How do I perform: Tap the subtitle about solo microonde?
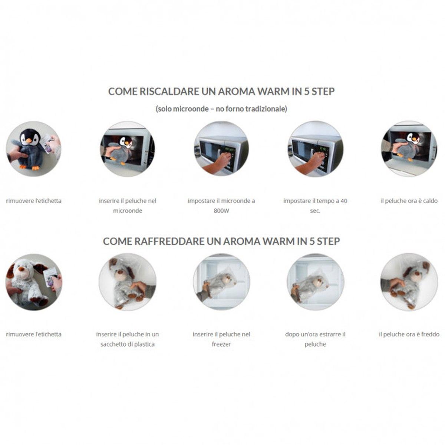click(x=221, y=109)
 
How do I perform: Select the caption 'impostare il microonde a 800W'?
click(x=221, y=205)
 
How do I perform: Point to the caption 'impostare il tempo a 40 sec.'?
click(x=315, y=205)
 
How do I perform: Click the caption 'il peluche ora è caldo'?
click(x=409, y=201)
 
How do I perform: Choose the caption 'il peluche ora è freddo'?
click(x=409, y=334)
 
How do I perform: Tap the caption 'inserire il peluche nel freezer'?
click(x=221, y=339)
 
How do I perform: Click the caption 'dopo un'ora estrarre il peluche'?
click(x=315, y=339)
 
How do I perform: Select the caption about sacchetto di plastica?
click(x=128, y=339)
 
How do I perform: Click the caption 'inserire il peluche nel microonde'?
click(x=128, y=205)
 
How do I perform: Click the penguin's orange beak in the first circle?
click(x=29, y=140)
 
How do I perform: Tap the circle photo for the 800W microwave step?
click(x=221, y=149)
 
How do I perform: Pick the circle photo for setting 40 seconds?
click(x=315, y=149)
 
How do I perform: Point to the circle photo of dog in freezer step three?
click(x=221, y=282)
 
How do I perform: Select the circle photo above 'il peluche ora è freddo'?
click(x=409, y=282)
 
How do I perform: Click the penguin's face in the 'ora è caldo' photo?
click(x=413, y=138)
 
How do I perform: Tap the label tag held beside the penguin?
click(x=48, y=143)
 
